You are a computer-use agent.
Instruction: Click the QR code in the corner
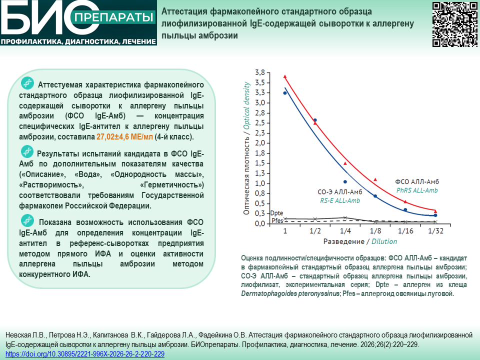(x=454, y=24)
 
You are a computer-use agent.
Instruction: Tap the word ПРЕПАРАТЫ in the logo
(x=113, y=17)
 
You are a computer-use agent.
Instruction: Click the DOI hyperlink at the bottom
(x=85, y=354)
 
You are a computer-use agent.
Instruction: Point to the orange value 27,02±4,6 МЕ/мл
(x=124, y=136)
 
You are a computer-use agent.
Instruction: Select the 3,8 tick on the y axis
(x=260, y=72)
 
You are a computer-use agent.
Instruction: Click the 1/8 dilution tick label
(x=375, y=231)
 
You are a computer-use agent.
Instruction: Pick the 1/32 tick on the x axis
(x=435, y=231)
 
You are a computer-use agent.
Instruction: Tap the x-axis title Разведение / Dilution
(x=360, y=241)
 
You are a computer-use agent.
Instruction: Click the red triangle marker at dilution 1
(x=285, y=76)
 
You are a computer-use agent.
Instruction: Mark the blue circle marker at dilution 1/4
(x=345, y=182)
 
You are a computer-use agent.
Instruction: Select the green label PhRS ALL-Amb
(x=417, y=190)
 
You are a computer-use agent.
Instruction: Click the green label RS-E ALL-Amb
(x=340, y=201)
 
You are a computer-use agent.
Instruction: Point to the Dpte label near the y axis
(x=276, y=213)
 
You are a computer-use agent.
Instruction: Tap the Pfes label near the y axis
(x=277, y=220)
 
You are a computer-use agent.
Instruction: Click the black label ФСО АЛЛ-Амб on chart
(x=417, y=182)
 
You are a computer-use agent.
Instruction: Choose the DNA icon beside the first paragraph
(x=27, y=83)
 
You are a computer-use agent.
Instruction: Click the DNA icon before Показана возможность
(x=27, y=220)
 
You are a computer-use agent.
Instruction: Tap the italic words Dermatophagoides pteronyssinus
(x=290, y=294)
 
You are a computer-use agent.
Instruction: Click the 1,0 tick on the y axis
(x=260, y=183)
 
